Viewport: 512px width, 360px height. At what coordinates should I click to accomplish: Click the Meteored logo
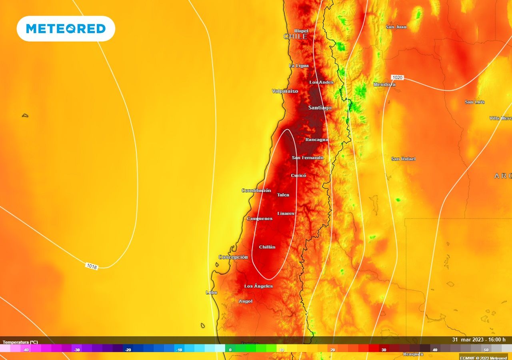pos(66,28)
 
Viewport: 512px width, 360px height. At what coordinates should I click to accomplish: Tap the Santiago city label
pos(320,108)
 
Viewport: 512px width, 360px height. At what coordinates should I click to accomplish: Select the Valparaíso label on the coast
pos(285,91)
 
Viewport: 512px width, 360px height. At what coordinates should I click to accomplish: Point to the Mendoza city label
pos(384,84)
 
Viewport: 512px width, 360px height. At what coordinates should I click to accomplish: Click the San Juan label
pos(396,27)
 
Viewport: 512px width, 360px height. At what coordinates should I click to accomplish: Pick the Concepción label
pos(233,257)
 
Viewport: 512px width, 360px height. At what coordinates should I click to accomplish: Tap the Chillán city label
pos(267,247)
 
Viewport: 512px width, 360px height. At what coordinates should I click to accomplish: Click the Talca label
pos(283,195)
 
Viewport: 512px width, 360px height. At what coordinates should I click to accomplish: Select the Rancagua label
pos(316,140)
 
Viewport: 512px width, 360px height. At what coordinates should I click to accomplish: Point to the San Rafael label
pos(403,159)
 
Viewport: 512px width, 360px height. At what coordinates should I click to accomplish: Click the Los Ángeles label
pos(258,286)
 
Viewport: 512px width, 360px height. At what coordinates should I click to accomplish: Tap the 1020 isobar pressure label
pos(397,77)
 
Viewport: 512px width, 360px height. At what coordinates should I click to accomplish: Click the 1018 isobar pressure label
pos(92,266)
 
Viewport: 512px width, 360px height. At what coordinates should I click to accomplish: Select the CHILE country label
pos(295,36)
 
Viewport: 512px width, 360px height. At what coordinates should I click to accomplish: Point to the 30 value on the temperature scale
pos(384,350)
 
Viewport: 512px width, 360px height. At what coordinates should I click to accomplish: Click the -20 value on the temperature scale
pos(128,350)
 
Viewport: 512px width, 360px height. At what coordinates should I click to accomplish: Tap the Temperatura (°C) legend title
pos(20,342)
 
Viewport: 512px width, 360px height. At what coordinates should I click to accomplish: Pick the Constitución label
pos(256,190)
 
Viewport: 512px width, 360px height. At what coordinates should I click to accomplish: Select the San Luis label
pos(474,102)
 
